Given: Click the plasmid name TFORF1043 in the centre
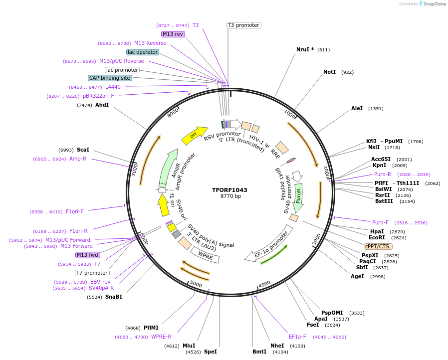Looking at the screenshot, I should [229, 190].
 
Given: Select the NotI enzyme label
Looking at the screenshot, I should [330, 72].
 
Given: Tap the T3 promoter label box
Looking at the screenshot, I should [243, 25].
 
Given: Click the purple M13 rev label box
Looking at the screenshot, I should [173, 34].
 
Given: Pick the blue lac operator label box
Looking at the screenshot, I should [143, 52].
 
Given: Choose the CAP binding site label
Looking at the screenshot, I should [110, 78].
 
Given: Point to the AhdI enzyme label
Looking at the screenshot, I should [102, 105].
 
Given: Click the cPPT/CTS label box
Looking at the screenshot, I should [377, 246].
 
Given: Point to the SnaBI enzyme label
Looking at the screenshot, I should [113, 297].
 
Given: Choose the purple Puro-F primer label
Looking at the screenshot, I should [380, 222].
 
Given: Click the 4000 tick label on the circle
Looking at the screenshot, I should [264, 284].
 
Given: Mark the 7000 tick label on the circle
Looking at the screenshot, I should [134, 171].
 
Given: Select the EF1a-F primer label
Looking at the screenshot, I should [297, 337].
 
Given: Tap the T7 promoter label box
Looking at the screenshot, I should [92, 273].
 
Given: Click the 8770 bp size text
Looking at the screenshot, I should [230, 196].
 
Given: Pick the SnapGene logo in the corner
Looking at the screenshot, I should [432, 4].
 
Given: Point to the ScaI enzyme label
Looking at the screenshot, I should [83, 150].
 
